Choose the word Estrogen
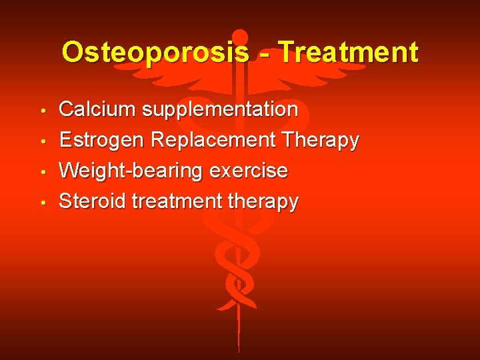pos(102,141)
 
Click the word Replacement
pos(213,141)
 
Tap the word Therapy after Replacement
pos(321,141)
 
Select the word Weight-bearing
pos(131,171)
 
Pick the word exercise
pos(248,171)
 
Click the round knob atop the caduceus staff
pos(239,37)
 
